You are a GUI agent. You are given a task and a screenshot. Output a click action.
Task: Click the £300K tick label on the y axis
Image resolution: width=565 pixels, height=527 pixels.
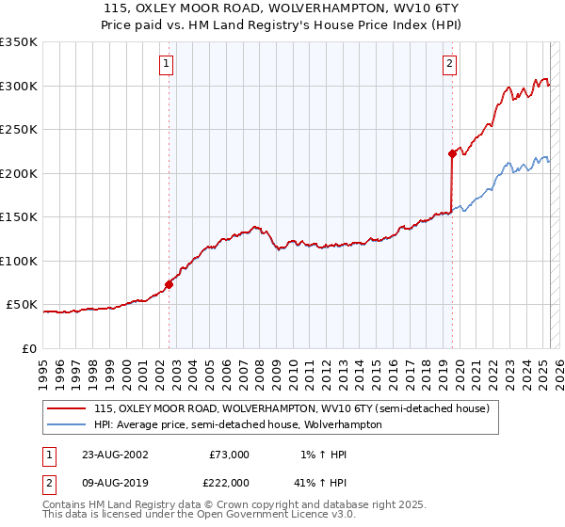[x=19, y=86]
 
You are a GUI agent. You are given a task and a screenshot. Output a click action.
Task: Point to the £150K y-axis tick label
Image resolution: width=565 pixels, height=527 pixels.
[x=19, y=216]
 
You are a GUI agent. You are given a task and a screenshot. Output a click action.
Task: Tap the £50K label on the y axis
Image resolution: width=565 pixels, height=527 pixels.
[x=22, y=305]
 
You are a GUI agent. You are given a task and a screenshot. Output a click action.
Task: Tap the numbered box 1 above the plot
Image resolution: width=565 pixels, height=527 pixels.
[x=167, y=64]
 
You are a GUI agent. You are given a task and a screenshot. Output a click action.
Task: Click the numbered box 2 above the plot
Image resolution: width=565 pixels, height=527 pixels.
[x=450, y=64]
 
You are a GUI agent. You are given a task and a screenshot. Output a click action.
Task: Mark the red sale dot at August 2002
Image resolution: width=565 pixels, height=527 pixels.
[x=169, y=283]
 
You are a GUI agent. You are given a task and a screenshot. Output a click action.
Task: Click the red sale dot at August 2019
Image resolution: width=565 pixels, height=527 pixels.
[x=452, y=153]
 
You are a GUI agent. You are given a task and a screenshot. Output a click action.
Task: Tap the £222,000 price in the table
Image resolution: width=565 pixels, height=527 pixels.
[x=229, y=482]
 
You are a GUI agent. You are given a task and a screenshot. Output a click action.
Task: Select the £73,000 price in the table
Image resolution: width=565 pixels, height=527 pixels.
[x=229, y=455]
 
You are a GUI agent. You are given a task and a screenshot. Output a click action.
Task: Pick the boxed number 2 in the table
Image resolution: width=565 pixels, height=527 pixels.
[x=47, y=482]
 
